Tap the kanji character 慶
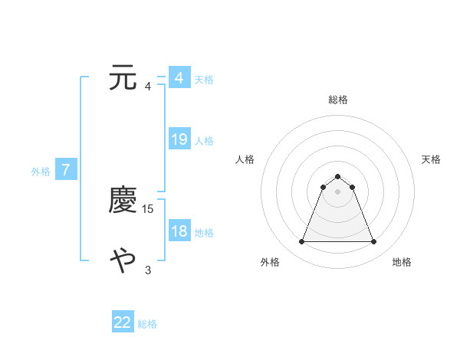coord(123,200)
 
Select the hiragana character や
coord(123,261)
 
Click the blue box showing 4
coord(179,78)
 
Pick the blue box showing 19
coord(179,139)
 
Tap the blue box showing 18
coord(179,231)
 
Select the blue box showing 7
coord(66,170)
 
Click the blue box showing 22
coord(123,322)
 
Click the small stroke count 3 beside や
coord(148,270)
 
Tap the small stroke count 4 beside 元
coord(148,86)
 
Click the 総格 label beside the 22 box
coord(147,324)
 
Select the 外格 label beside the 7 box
coord(41,172)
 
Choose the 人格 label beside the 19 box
coord(204,141)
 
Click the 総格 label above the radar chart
coord(337,100)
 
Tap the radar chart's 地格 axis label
coord(402,262)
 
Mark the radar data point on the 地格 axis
coord(373,242)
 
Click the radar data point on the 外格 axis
coord(301,242)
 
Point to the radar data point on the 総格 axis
coord(337,176)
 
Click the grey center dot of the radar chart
coord(337,191)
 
